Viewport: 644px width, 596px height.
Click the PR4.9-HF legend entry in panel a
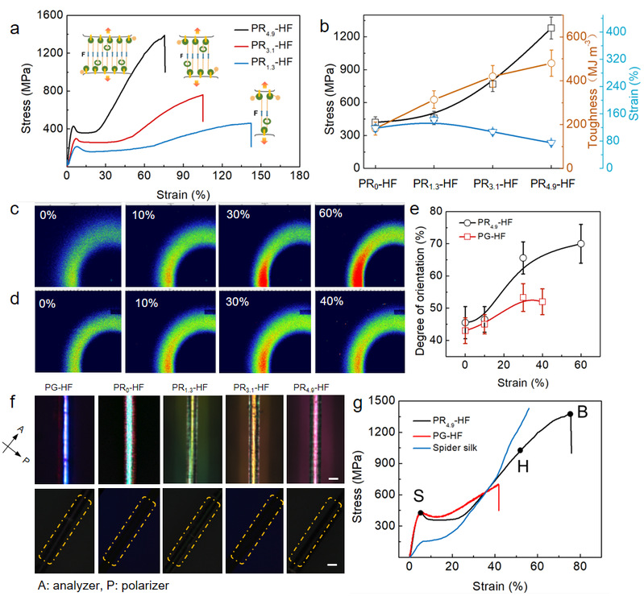coord(264,29)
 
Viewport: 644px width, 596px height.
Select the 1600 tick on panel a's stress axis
coord(50,15)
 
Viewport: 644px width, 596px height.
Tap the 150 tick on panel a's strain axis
coord(261,176)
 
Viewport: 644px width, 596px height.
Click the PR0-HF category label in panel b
coord(377,184)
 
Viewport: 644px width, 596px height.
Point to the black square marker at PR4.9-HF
coord(551,28)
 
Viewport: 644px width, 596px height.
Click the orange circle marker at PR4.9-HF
coord(551,63)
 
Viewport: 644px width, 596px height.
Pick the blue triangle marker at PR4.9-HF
coord(551,143)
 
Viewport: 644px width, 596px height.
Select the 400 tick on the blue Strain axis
coord(616,31)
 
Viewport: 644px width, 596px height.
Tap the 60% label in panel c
coord(330,213)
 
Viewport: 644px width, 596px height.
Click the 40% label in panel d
coord(331,301)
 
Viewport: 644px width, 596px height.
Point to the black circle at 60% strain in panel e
coord(581,244)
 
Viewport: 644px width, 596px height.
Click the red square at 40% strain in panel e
coord(542,301)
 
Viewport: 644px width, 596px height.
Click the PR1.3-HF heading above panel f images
coord(189,387)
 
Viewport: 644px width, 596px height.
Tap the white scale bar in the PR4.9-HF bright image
coord(334,478)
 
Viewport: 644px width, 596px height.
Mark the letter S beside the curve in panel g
coord(418,496)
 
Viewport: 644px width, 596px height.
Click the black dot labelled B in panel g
coord(570,414)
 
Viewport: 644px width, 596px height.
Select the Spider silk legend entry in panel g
coord(445,448)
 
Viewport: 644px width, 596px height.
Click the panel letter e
coord(415,209)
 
